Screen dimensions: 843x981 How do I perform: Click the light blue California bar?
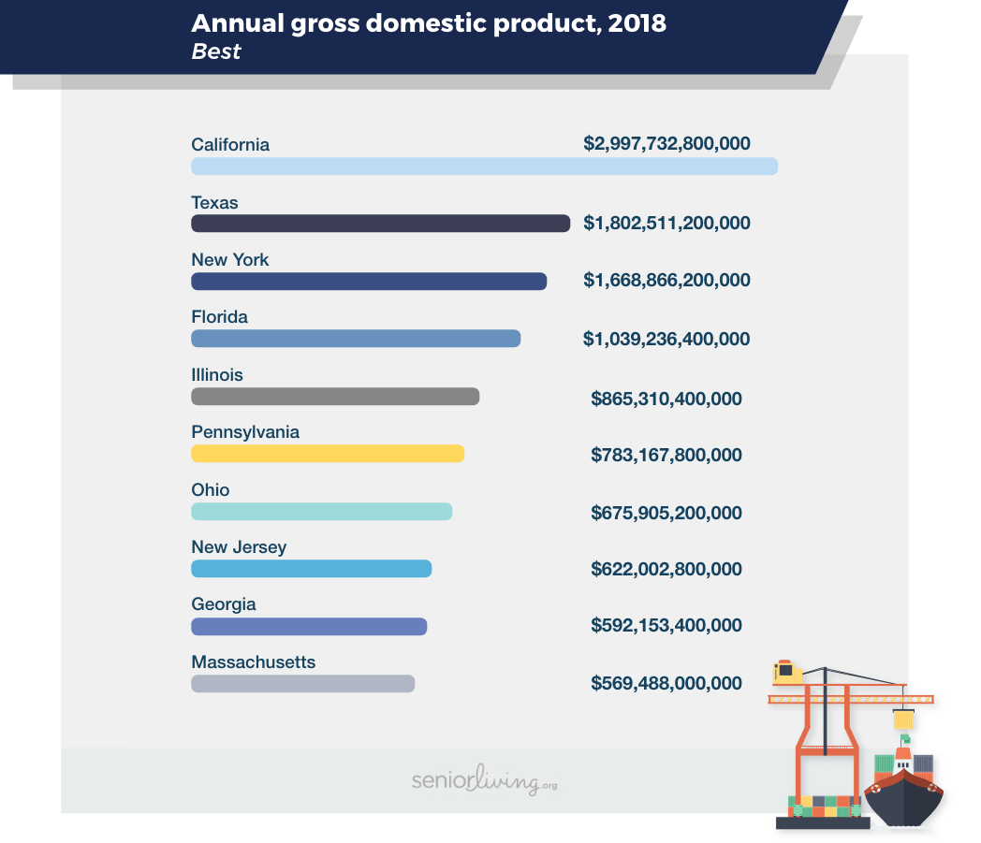(x=484, y=167)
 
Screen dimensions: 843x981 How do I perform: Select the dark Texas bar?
(x=380, y=224)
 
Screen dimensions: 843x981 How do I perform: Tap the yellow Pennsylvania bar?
(x=328, y=454)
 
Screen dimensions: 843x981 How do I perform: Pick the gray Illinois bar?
(x=335, y=397)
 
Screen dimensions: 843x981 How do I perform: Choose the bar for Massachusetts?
(x=302, y=684)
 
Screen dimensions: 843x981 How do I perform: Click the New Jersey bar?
(x=311, y=569)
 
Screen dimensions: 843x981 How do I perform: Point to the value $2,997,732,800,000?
(x=666, y=144)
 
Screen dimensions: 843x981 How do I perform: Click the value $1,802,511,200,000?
(x=666, y=224)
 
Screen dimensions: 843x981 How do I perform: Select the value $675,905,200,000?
(x=666, y=513)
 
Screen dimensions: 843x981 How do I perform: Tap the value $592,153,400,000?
(x=666, y=626)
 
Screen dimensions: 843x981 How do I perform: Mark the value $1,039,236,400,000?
(x=666, y=339)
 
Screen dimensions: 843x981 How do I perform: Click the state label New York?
(x=229, y=260)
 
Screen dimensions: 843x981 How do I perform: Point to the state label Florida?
(x=219, y=317)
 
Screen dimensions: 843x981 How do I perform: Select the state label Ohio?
(x=210, y=490)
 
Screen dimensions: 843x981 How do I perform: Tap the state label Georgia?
(x=223, y=604)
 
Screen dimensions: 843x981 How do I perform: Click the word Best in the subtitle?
(x=216, y=51)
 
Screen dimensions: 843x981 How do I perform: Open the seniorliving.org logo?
(x=484, y=781)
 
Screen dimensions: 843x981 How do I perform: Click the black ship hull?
(x=902, y=799)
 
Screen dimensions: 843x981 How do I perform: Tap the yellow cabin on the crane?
(x=783, y=670)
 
